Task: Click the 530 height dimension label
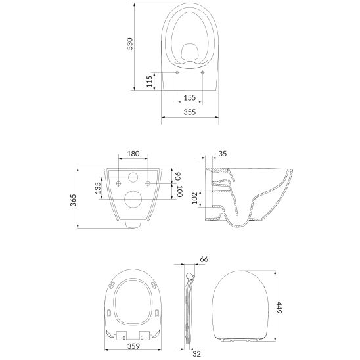pyautogui.click(x=130, y=44)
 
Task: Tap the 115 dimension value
pyautogui.click(x=150, y=81)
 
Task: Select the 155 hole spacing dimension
pyautogui.click(x=190, y=98)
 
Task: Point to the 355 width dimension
pyautogui.click(x=190, y=112)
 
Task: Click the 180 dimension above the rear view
pyautogui.click(x=133, y=154)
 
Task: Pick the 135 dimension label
pyautogui.click(x=98, y=188)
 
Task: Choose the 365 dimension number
pyautogui.click(x=73, y=200)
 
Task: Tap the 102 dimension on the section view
pyautogui.click(x=194, y=198)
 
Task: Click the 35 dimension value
pyautogui.click(x=223, y=154)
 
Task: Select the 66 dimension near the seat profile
pyautogui.click(x=204, y=259)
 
